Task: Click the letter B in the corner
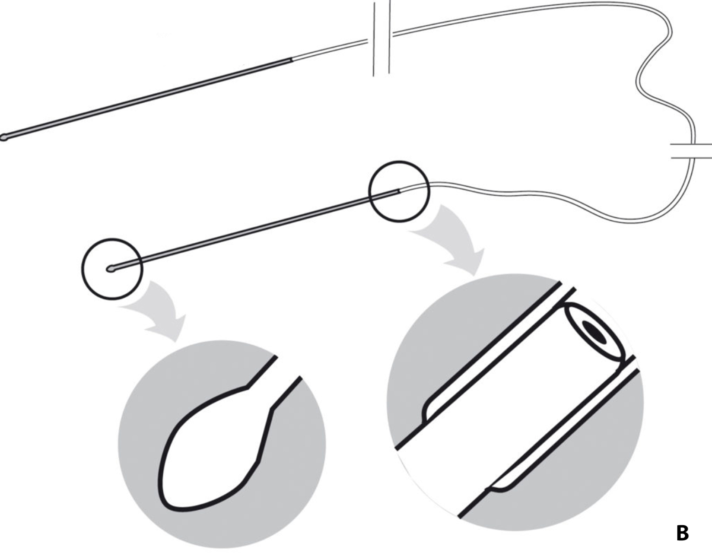coord(682,534)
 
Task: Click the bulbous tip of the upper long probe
coord(4,137)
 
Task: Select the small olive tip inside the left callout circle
coord(111,269)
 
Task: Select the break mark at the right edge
coord(691,151)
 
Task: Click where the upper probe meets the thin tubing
coord(292,60)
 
